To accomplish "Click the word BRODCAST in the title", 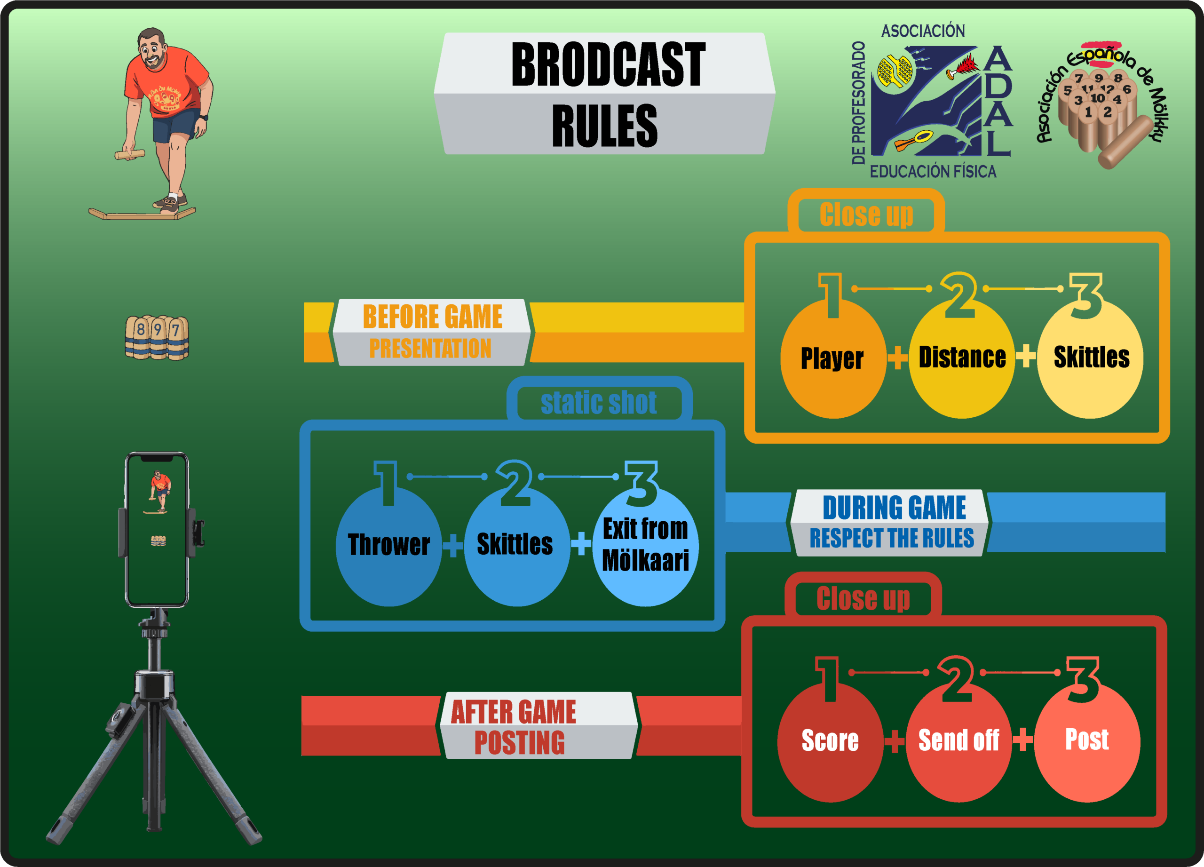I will [608, 65].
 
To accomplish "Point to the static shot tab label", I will [598, 403].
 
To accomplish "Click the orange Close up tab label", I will [866, 215].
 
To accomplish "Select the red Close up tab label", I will [863, 598].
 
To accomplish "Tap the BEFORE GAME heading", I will [432, 317].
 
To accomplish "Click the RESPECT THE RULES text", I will [891, 538].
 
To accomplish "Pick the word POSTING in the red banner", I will [519, 743].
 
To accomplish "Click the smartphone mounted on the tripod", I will [157, 529].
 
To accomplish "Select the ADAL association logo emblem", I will [927, 101].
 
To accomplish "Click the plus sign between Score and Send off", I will [895, 741].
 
